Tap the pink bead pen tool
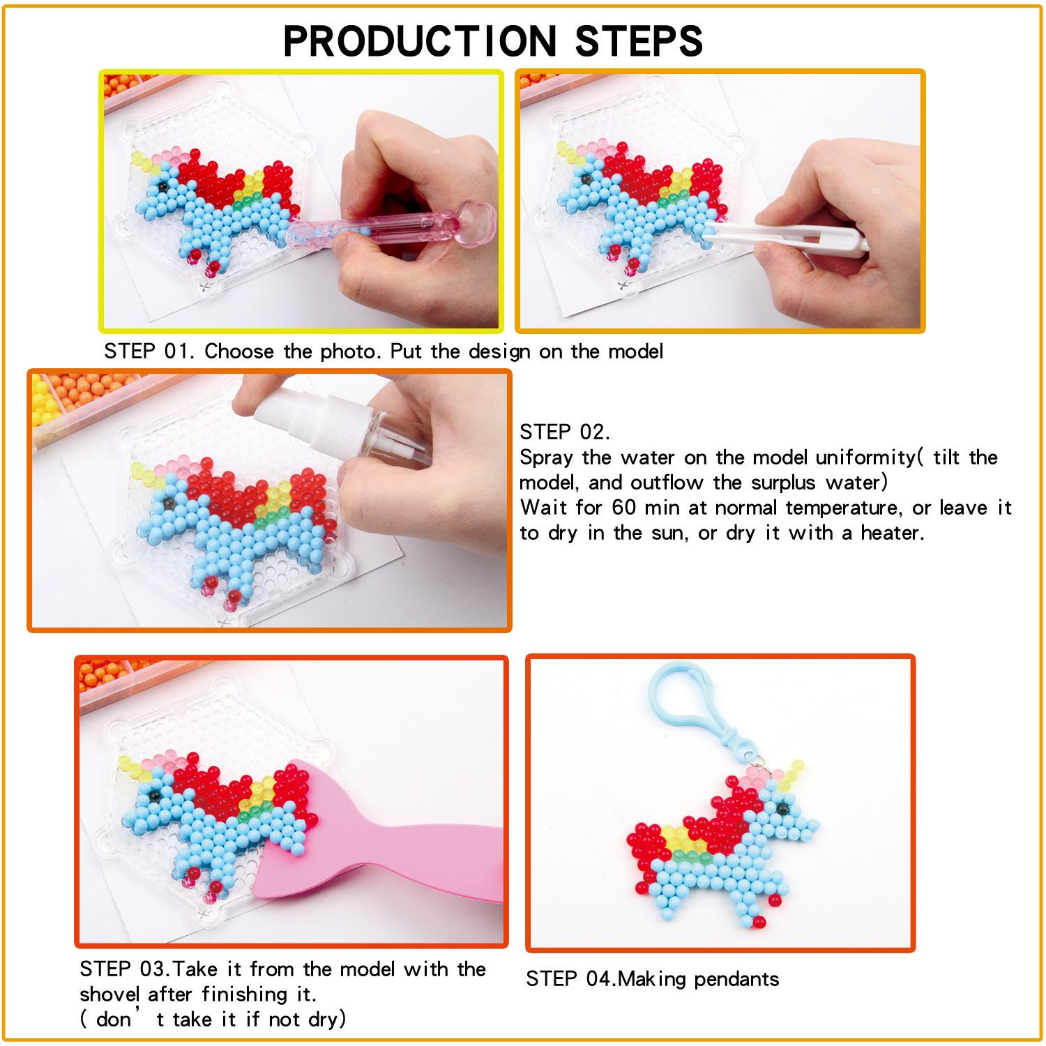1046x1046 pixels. click(x=391, y=227)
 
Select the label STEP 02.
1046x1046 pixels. click(x=565, y=432)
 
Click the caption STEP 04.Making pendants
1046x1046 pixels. click(x=652, y=979)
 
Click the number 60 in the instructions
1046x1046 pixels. click(x=623, y=508)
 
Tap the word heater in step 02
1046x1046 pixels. click(x=892, y=533)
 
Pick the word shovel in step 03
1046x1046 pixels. click(x=109, y=994)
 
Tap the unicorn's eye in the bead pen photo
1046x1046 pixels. click(x=162, y=186)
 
